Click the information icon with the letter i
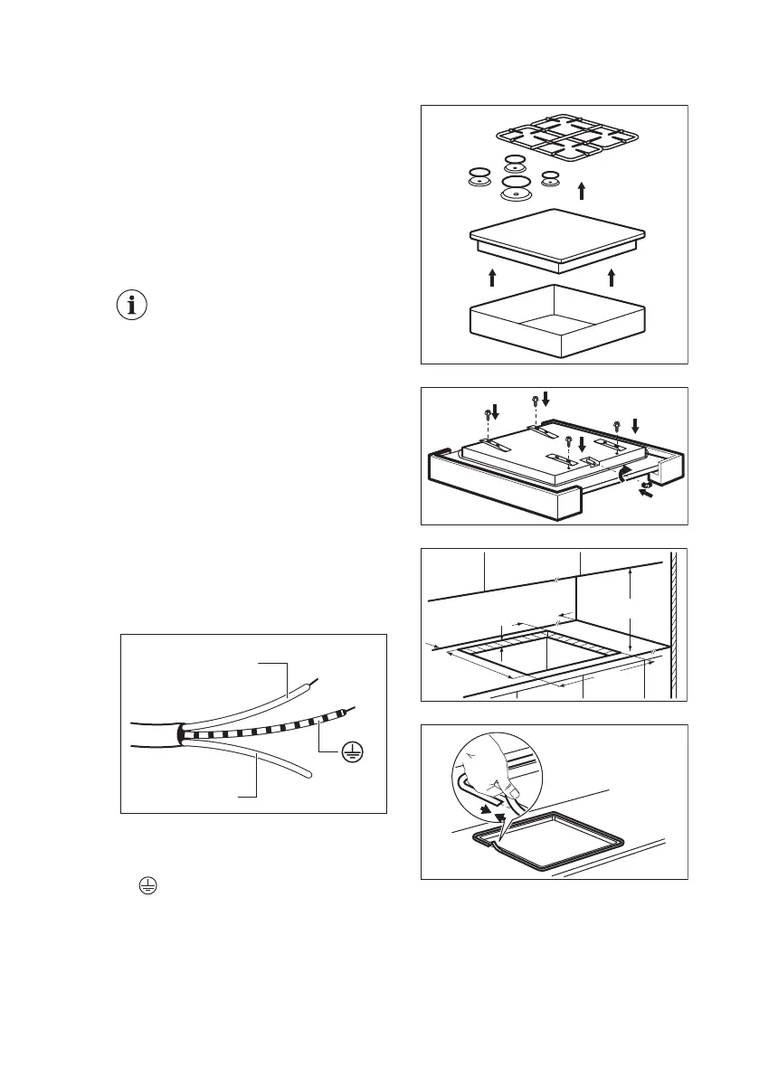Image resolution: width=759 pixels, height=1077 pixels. (x=134, y=306)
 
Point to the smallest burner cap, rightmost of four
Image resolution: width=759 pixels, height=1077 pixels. (x=550, y=177)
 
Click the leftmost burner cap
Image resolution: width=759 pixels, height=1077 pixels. (x=479, y=176)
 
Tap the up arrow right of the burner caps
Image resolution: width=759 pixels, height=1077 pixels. (x=582, y=190)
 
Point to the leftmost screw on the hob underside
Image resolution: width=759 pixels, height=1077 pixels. (x=489, y=417)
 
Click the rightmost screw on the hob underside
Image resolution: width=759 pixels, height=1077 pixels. (x=617, y=426)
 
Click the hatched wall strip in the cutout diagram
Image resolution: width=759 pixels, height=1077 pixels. (x=673, y=624)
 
